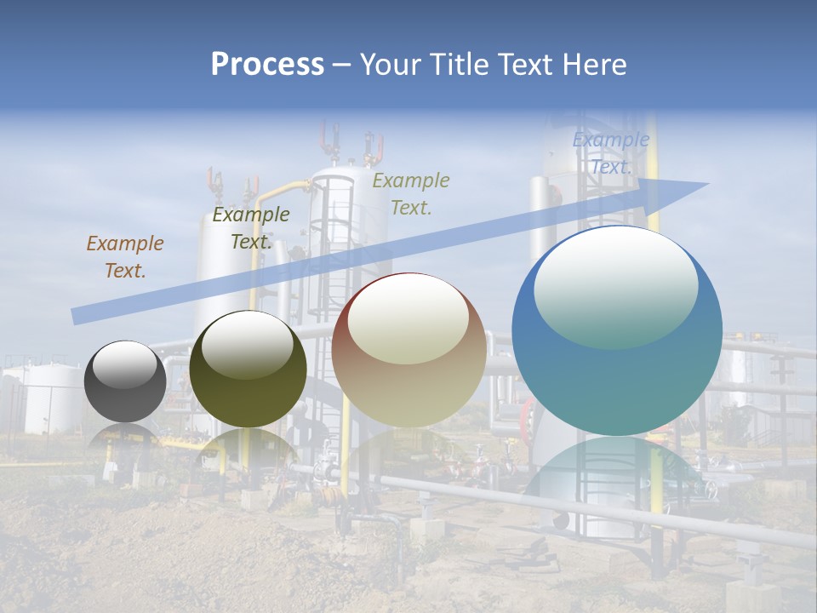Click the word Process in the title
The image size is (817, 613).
pyautogui.click(x=267, y=65)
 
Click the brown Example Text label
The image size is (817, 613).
pyautogui.click(x=124, y=257)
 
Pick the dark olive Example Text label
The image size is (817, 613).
pyautogui.click(x=250, y=228)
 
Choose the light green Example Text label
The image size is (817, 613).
pyautogui.click(x=411, y=193)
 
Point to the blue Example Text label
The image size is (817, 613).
pyautogui.click(x=610, y=153)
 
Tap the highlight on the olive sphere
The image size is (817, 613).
pyautogui.click(x=248, y=343)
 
